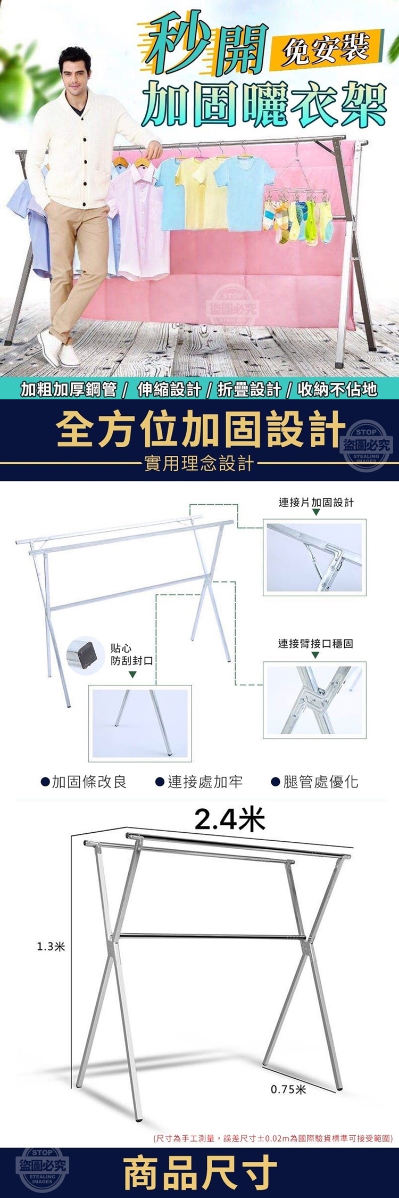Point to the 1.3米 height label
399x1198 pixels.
click(51, 946)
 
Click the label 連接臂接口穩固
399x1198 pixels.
click(315, 643)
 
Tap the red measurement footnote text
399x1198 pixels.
click(272, 1138)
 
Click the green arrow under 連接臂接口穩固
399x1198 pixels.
click(315, 655)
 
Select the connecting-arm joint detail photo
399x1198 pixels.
click(315, 700)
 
